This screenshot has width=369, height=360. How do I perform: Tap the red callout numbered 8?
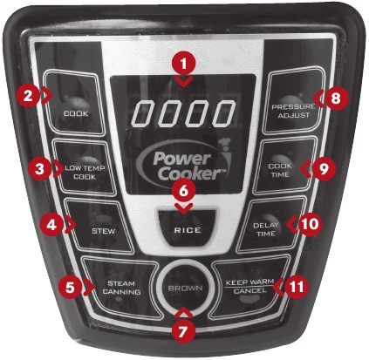coord(335,98)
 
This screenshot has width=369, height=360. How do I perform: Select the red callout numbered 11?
coord(296,287)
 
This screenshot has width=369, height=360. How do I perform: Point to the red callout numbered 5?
coord(70,287)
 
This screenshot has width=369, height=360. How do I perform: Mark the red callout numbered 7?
coord(181,332)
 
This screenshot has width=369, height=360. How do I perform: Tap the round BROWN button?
coord(185,289)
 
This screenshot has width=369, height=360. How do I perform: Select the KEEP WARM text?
coord(249,282)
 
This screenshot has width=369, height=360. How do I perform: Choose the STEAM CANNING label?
coord(121,288)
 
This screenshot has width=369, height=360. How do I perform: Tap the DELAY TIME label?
coord(265,229)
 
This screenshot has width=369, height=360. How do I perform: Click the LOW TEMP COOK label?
coord(85,173)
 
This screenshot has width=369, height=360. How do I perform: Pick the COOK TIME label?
coord(280,170)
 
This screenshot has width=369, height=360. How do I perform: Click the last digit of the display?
coord(223,113)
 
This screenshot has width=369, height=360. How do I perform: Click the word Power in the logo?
coord(182,159)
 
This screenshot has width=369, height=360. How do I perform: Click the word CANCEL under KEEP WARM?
coord(249,291)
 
